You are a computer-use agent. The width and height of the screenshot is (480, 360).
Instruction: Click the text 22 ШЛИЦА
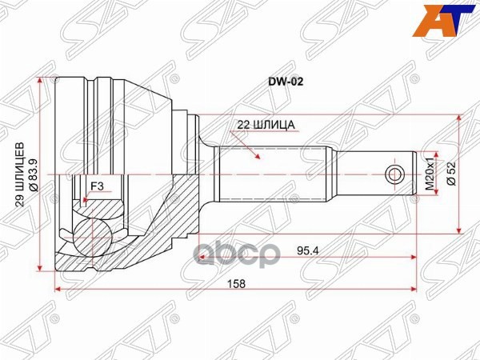point(266,125)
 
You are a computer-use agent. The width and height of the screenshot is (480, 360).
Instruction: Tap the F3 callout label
point(98,187)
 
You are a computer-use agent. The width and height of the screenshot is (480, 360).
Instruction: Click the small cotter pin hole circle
point(394,174)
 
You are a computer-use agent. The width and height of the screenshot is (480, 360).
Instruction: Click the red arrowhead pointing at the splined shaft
point(258,158)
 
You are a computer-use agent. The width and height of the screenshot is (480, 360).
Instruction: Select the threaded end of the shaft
point(376,174)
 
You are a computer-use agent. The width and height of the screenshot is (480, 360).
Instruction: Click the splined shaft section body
point(272,174)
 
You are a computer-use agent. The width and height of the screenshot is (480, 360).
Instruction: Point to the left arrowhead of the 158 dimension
point(57,290)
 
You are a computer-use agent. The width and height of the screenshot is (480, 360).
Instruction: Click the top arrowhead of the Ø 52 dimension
point(460,118)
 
